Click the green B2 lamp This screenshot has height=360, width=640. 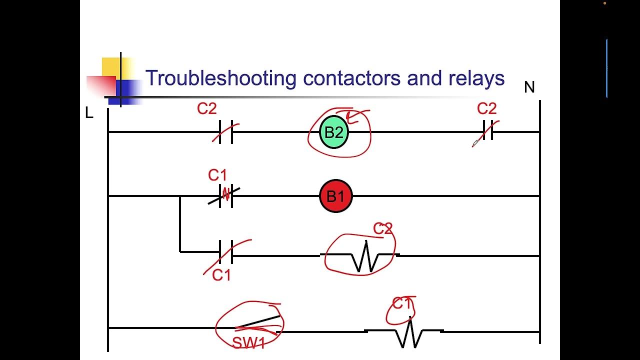pyautogui.click(x=334, y=132)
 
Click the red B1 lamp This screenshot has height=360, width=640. pyautogui.click(x=335, y=196)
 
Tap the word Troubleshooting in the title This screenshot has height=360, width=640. pyautogui.click(x=220, y=78)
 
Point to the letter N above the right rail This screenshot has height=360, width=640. pyautogui.click(x=529, y=87)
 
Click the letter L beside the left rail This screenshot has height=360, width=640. pyautogui.click(x=89, y=113)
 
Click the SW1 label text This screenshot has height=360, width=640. pyautogui.click(x=248, y=342)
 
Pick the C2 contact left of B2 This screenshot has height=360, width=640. pyautogui.click(x=225, y=132)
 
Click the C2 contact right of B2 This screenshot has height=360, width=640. pyautogui.click(x=487, y=131)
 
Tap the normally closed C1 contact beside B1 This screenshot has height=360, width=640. pyautogui.click(x=225, y=195)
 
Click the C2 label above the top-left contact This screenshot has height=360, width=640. pyautogui.click(x=206, y=108)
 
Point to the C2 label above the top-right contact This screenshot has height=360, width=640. pyautogui.click(x=486, y=108)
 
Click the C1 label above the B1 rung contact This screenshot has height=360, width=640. pyautogui.click(x=217, y=175)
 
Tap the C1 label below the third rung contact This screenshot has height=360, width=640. pyautogui.click(x=221, y=275)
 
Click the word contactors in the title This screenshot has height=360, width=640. pyautogui.click(x=352, y=78)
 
